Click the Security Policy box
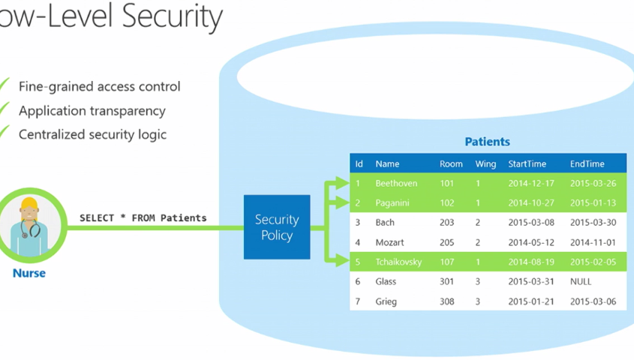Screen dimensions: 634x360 pyautogui.click(x=277, y=227)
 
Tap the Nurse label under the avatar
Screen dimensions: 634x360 pyautogui.click(x=29, y=273)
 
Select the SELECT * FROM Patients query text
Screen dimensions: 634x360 pyautogui.click(x=143, y=218)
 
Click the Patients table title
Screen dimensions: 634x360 pyautogui.click(x=487, y=142)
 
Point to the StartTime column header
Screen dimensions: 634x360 pyautogui.click(x=527, y=163)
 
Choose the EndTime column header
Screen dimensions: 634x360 pyautogui.click(x=587, y=163)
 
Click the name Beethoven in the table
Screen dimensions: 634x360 pyautogui.click(x=396, y=184)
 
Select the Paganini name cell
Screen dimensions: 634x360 pyautogui.click(x=392, y=202)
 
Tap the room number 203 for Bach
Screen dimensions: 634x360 pyautogui.click(x=446, y=223)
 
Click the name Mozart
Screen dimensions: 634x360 pyautogui.click(x=390, y=242)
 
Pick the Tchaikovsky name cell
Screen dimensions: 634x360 pyautogui.click(x=398, y=262)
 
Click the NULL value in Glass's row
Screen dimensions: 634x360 pyautogui.click(x=581, y=281)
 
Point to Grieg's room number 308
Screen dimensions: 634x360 pyautogui.click(x=446, y=301)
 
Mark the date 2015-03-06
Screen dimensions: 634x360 pyautogui.click(x=593, y=301)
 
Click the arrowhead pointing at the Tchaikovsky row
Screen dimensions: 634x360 pyautogui.click(x=342, y=261)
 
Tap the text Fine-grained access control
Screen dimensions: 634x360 pyautogui.click(x=100, y=87)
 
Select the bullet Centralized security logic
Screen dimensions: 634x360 pyautogui.click(x=92, y=134)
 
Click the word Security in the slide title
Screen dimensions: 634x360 pyautogui.click(x=173, y=17)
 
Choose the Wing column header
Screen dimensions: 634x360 pyautogui.click(x=485, y=164)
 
